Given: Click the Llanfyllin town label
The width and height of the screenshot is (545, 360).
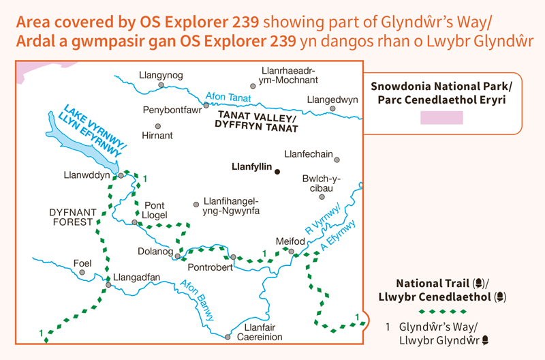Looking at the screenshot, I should click(251, 166).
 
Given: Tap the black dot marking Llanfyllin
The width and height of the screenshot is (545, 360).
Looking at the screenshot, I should click(277, 171).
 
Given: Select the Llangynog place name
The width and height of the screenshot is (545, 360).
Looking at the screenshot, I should click(160, 75).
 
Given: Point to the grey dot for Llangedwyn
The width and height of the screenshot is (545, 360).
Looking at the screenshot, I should click(332, 108).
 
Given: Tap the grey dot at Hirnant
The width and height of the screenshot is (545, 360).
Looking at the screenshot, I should click(158, 126).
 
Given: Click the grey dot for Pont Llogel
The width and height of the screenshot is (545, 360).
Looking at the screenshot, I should click(135, 222).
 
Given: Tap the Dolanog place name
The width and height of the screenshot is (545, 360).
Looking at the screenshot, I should click(153, 252).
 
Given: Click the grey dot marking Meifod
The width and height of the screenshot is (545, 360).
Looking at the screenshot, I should click(291, 252).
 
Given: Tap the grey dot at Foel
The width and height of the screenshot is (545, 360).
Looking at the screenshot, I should click(82, 273).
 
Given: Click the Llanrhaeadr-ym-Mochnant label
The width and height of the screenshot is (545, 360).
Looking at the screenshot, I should click(290, 75).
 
